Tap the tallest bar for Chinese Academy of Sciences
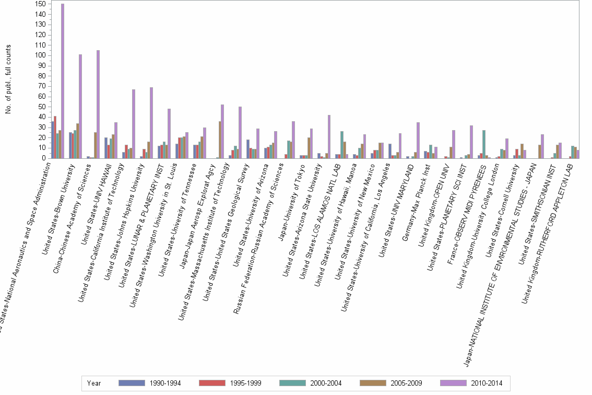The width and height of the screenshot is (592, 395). pos(98,104)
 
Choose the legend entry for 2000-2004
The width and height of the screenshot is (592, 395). pos(325,384)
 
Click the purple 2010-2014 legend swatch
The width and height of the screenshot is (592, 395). pos(455,383)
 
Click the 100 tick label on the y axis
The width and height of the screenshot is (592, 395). pos(40,55)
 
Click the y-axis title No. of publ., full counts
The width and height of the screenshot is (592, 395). pos(8,78)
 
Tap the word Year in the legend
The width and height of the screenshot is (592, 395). pos(94,384)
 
